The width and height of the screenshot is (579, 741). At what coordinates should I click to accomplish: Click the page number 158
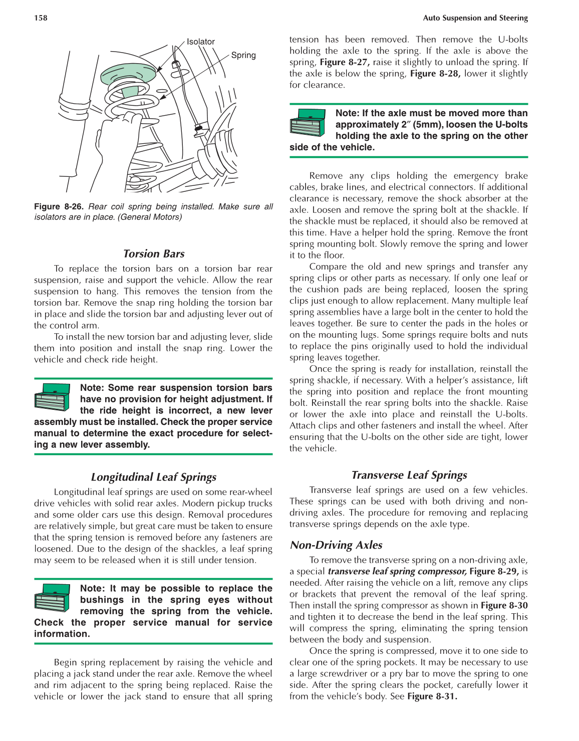point(41,18)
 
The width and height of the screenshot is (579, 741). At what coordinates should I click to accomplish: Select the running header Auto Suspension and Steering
point(475,18)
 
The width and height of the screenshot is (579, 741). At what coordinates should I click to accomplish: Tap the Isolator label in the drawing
point(200,42)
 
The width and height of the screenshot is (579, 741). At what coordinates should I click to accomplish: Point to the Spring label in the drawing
point(243,55)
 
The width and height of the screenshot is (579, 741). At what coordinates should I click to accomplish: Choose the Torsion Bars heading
point(154,254)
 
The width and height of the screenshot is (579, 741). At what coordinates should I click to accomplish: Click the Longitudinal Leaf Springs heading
point(154,477)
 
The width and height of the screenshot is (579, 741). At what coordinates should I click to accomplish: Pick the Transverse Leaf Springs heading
point(409,475)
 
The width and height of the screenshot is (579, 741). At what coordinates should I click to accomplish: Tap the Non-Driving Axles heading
point(336,545)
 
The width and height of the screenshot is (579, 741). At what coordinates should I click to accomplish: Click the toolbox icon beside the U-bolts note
point(308,123)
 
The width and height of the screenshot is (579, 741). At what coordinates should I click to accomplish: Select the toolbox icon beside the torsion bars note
point(52,397)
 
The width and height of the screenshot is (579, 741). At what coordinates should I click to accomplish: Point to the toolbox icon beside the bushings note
point(52,598)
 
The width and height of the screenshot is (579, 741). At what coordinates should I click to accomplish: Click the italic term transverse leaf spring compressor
point(397,572)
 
